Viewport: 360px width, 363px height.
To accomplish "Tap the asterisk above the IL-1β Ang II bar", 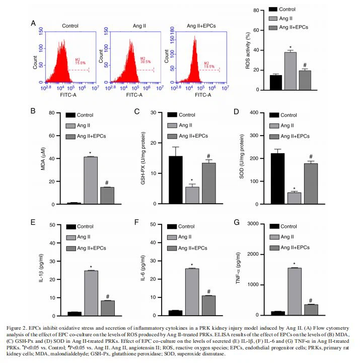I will click(x=91, y=267).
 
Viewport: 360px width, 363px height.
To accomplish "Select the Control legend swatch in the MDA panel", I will click(x=74, y=115).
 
